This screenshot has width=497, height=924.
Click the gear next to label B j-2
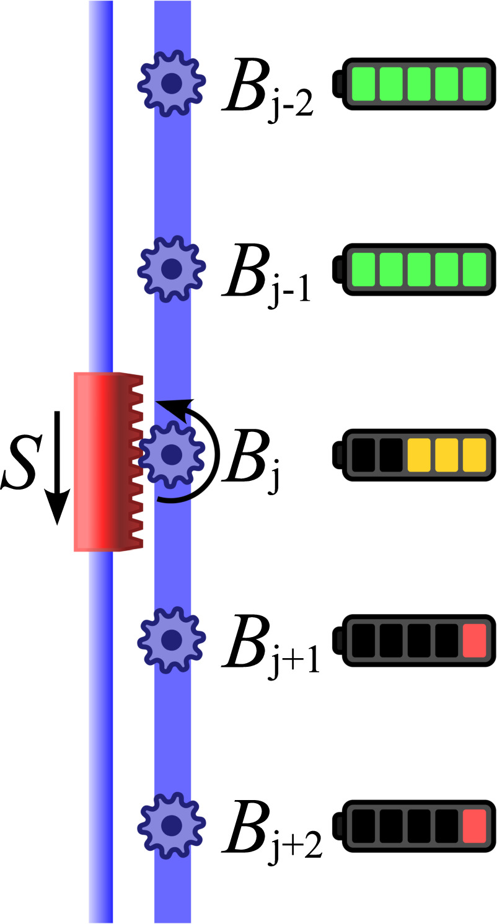click(x=171, y=83)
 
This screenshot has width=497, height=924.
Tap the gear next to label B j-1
click(x=171, y=268)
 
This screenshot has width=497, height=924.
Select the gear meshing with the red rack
click(x=171, y=454)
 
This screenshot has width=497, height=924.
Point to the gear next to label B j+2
click(x=171, y=825)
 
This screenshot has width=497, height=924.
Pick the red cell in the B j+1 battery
click(x=474, y=641)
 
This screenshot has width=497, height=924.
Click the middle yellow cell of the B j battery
click(x=446, y=455)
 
